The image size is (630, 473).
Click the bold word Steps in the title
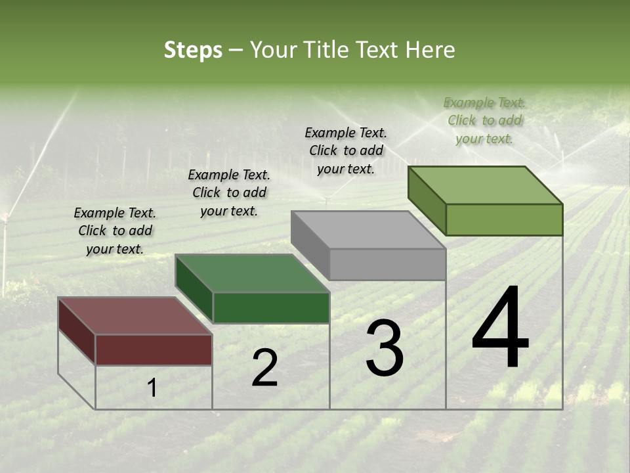tap(193, 50)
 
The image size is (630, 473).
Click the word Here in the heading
tap(430, 50)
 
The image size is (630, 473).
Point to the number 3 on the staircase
tap(385, 348)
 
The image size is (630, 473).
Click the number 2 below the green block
tap(264, 368)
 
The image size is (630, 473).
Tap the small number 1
tap(152, 388)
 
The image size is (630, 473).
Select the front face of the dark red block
tap(154, 349)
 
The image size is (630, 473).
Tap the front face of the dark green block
tap(271, 307)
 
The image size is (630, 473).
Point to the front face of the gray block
tap(387, 264)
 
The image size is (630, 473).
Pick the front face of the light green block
tap(504, 219)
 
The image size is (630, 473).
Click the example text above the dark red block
tap(115, 231)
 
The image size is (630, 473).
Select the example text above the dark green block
tap(229, 192)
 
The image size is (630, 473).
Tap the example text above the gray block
tap(346, 150)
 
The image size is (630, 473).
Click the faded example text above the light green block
tap(484, 120)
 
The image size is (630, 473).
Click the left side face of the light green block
tap(427, 200)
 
